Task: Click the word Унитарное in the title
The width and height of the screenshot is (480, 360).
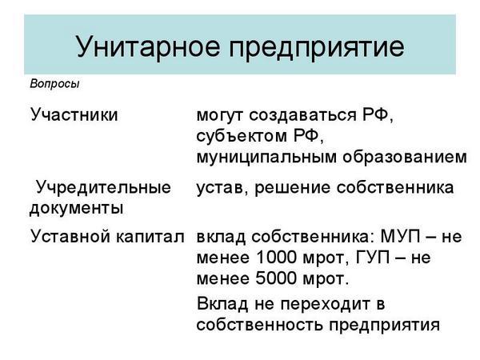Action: pyautogui.click(x=148, y=46)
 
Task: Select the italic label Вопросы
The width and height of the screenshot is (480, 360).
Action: pyautogui.click(x=54, y=84)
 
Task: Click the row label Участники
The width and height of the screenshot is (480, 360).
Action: pyautogui.click(x=74, y=115)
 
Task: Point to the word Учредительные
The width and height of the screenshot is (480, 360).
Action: pyautogui.click(x=103, y=188)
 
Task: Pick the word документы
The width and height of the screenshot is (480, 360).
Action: pyautogui.click(x=77, y=209)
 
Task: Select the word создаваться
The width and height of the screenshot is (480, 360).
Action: pyautogui.click(x=302, y=115)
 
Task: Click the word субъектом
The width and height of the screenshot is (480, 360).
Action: pyautogui.click(x=242, y=136)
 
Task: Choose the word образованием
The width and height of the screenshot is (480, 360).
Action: pyautogui.click(x=405, y=157)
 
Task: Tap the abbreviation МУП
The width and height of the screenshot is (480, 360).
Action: pyautogui.click(x=401, y=237)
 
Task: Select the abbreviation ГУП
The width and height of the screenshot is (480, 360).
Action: pyautogui.click(x=373, y=258)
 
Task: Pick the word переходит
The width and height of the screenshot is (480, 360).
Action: pyautogui.click(x=326, y=305)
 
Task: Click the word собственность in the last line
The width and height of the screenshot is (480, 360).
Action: pyautogui.click(x=259, y=325)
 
